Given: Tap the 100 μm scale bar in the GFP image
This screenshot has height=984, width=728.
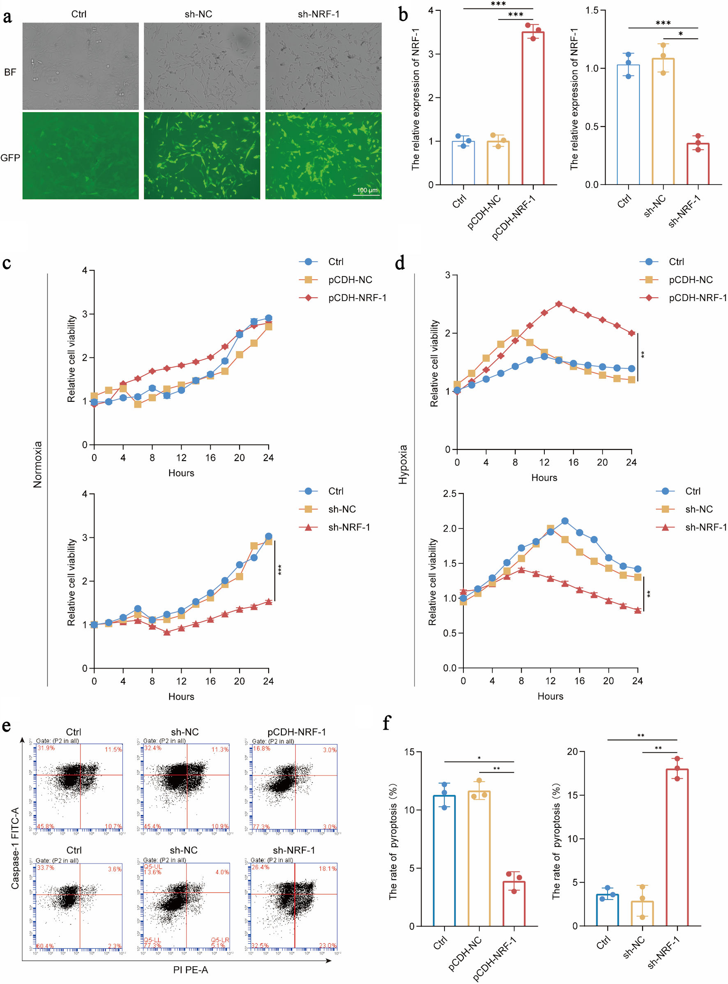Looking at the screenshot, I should pos(366,194).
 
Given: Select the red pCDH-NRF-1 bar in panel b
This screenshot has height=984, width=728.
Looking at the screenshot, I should pos(533,108).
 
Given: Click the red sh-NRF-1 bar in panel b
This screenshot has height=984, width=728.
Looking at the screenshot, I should pos(698,164).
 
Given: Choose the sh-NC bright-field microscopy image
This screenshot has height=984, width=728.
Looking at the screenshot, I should pos(202,66).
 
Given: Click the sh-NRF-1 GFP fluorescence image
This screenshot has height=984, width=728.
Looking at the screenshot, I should pos(323,156).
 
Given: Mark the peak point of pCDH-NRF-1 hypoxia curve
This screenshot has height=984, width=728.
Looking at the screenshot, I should pos(559,304).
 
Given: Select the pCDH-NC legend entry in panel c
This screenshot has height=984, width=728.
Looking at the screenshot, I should pos(350,280).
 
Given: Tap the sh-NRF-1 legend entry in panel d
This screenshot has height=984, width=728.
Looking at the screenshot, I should pos(705,527).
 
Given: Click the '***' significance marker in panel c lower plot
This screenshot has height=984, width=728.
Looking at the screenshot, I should pos(280,569).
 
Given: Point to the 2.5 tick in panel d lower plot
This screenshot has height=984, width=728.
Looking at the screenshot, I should pos(449,493).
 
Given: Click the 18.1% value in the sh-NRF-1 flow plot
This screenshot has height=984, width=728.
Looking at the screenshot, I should pos(327,869).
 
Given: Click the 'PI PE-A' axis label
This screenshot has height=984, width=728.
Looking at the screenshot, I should pos(190,970).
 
